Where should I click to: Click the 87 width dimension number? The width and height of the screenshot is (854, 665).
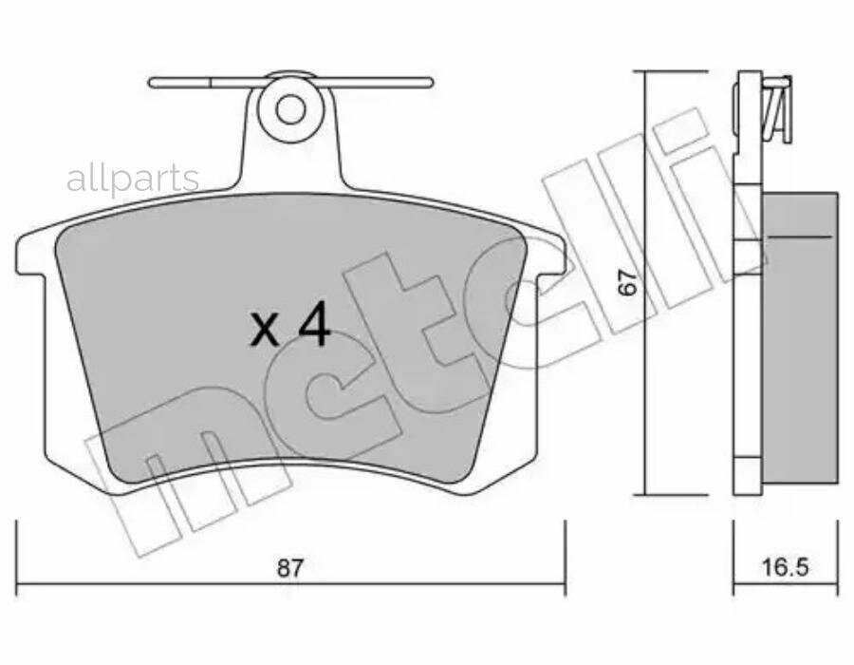point(290,569)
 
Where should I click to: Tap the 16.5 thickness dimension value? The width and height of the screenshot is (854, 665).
point(785,569)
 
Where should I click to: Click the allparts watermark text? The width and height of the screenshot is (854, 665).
point(133,179)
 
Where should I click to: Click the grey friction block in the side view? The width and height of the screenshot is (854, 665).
point(800,342)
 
